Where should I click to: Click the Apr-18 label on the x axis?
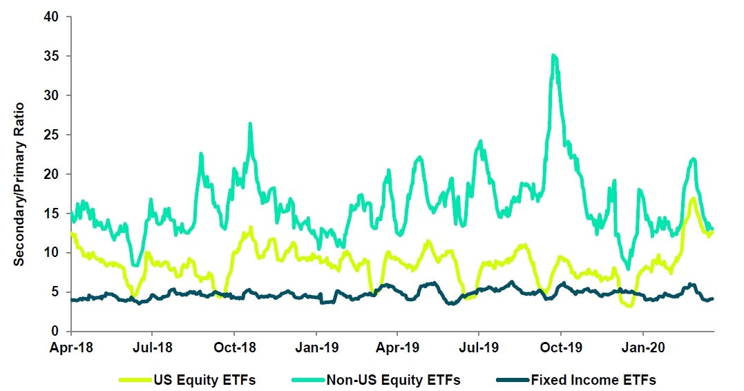(71, 347)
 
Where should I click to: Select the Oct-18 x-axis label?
(234, 347)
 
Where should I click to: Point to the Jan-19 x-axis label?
(316, 347)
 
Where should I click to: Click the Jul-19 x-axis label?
(479, 347)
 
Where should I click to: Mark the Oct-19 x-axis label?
(561, 347)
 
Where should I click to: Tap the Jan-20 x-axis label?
(643, 347)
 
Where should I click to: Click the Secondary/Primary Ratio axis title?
(19, 173)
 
